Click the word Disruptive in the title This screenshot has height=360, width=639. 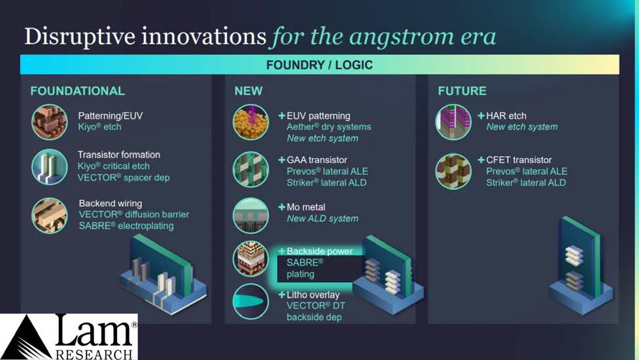[x=80, y=37]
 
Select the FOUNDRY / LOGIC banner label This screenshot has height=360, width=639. [x=319, y=65]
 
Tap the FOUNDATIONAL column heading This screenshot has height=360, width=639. [x=77, y=91]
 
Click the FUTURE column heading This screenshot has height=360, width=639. [x=462, y=91]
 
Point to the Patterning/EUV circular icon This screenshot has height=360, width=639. [x=49, y=122]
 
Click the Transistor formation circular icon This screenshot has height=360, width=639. [x=49, y=167]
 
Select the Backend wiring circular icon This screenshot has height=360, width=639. [x=49, y=215]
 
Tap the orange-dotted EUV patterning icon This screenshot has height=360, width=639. [x=250, y=122]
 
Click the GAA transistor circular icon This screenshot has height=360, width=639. [x=250, y=169]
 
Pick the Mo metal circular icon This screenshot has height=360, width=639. [x=250, y=215]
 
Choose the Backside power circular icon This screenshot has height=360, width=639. [x=250, y=259]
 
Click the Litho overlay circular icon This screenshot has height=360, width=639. [x=250, y=302]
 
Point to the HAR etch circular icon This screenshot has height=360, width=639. [x=453, y=122]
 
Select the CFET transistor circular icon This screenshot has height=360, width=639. [x=453, y=171]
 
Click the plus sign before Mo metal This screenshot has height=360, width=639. [x=282, y=207]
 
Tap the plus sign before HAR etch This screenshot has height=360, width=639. [x=481, y=116]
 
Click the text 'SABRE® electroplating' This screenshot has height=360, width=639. [x=126, y=226]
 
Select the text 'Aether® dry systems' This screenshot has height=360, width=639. [x=329, y=127]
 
